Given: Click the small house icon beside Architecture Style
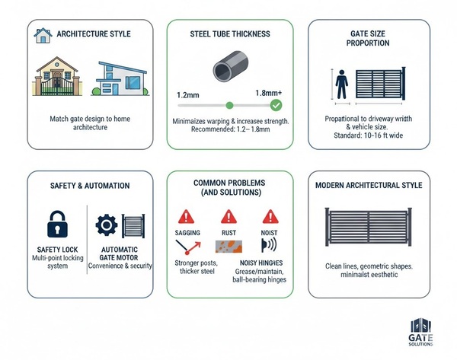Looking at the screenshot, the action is point(43,36).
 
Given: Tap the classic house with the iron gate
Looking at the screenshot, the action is point(57,76).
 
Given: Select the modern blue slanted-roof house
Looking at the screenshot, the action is point(120,78).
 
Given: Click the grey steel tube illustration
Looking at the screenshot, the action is point(231,66).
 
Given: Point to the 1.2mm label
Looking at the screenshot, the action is point(188,95).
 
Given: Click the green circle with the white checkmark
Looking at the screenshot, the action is point(276,105).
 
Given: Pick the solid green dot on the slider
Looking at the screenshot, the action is point(230,106).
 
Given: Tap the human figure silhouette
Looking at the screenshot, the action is point(341,84).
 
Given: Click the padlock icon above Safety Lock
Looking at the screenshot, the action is point(57,224).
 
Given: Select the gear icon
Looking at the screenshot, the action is point(107,225).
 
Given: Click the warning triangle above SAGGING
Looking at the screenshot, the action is point(186,216).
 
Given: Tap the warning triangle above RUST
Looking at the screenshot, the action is point(228,216).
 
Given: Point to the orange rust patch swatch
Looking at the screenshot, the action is point(228,247).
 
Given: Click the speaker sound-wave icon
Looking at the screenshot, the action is point(269,245).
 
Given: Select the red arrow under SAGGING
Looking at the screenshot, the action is point(193,247).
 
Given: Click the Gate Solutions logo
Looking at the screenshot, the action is point(420,332).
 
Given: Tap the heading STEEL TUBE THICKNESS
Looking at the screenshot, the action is point(230,34).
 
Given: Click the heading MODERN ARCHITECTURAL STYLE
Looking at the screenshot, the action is point(369,185).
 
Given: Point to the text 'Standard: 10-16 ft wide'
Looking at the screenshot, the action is point(369,135).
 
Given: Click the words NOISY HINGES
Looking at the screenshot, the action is point(261,263).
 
